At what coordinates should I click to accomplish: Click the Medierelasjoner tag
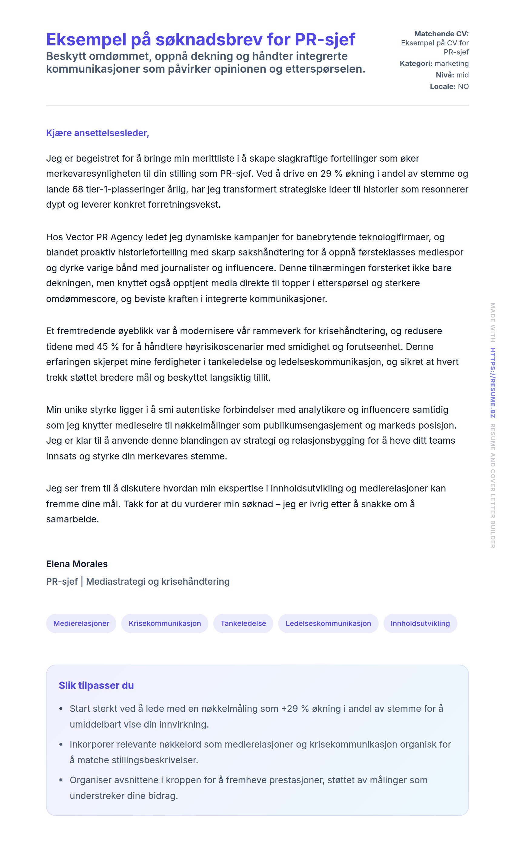81,623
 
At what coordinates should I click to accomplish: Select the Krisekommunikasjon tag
164,623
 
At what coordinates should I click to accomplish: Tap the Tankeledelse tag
243,623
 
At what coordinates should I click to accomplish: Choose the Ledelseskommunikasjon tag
328,623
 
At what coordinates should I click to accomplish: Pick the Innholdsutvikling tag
420,623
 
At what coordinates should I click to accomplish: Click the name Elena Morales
77,564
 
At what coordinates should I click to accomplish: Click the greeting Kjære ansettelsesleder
97,133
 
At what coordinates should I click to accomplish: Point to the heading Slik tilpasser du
96,685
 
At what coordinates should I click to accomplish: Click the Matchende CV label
441,34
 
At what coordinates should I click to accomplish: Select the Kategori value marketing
451,64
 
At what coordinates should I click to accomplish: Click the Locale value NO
463,87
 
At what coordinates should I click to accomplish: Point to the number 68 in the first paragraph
78,189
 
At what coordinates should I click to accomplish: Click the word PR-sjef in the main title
324,39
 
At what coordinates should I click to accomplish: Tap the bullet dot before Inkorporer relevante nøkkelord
61,745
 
